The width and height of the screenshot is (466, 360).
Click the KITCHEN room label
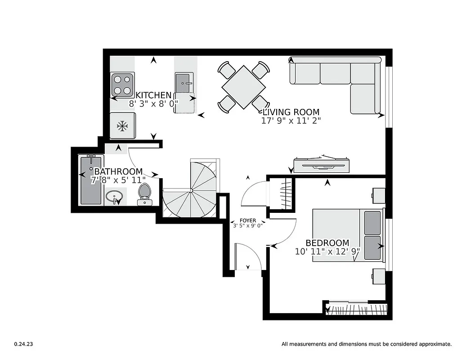click(x=153, y=95)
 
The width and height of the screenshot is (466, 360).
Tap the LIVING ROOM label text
click(x=291, y=112)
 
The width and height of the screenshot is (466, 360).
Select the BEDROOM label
click(x=327, y=243)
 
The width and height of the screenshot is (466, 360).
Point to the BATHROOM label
click(x=118, y=172)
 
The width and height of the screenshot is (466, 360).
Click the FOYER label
click(x=248, y=220)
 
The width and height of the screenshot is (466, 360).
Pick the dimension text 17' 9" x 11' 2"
click(x=291, y=121)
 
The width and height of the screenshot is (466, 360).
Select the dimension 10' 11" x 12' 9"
click(x=327, y=252)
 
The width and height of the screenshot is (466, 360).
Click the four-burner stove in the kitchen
click(x=122, y=84)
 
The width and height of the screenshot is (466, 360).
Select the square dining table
click(x=243, y=87)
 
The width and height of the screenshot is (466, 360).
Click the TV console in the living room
click(x=322, y=165)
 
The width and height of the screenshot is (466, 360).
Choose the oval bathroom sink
click(x=116, y=197)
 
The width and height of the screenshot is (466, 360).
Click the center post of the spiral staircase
click(x=191, y=191)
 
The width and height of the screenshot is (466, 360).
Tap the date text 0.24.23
click(x=23, y=344)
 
